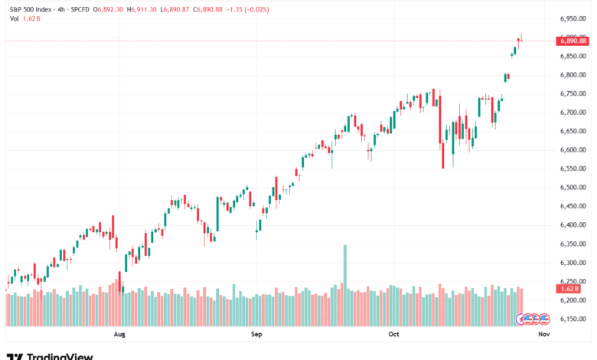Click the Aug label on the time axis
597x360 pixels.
[x=119, y=335]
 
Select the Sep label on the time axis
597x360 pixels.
[x=256, y=335]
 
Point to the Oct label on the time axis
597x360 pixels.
[x=393, y=335]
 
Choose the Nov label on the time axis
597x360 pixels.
[x=544, y=335]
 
